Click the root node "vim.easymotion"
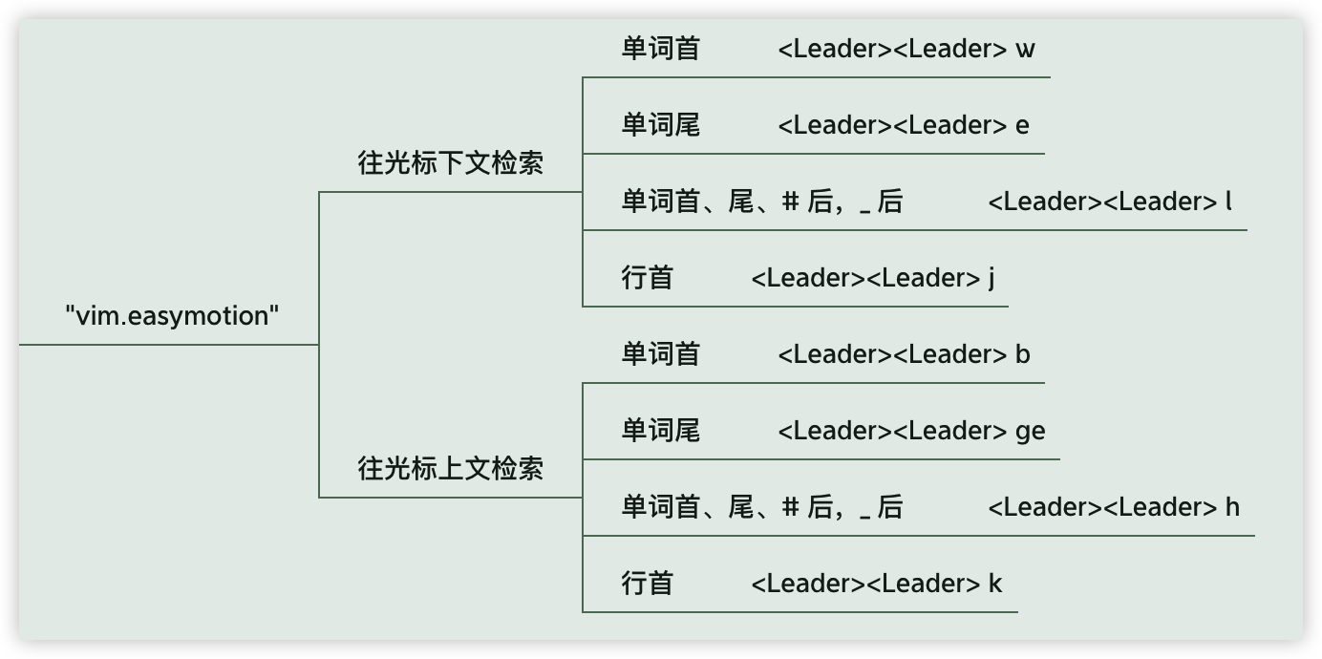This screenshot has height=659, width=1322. (172, 316)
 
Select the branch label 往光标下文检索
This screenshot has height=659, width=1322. (450, 163)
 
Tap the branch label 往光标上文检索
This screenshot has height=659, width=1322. (450, 469)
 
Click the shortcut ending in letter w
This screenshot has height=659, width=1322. (906, 49)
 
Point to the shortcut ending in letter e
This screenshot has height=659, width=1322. (903, 125)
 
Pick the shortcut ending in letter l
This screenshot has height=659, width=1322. (1110, 202)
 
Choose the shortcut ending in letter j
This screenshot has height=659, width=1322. (873, 278)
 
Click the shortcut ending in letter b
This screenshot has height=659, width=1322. (904, 354)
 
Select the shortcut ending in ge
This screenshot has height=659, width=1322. (911, 431)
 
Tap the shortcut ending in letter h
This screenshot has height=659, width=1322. (1114, 507)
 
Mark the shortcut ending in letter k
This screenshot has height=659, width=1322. (876, 584)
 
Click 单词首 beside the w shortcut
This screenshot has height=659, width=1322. (660, 49)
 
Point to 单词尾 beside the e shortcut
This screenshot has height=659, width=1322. (660, 125)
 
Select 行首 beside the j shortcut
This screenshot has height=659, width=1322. (648, 278)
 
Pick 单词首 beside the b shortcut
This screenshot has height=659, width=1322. (660, 354)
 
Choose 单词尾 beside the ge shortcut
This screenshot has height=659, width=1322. (660, 431)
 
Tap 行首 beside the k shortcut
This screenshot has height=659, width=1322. (648, 584)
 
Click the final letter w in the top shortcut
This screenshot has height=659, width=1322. (1025, 50)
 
